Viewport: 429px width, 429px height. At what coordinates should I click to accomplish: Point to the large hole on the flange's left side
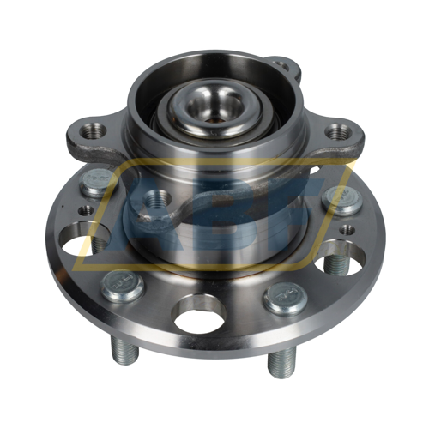(85, 239)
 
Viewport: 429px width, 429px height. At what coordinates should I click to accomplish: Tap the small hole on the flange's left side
(87, 208)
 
